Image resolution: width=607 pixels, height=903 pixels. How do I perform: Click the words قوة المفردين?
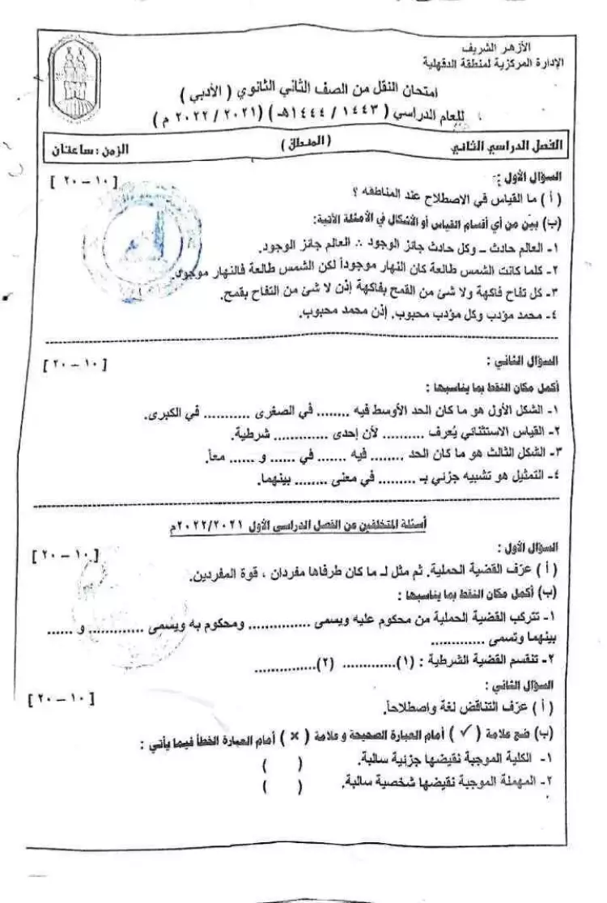point(220,575)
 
